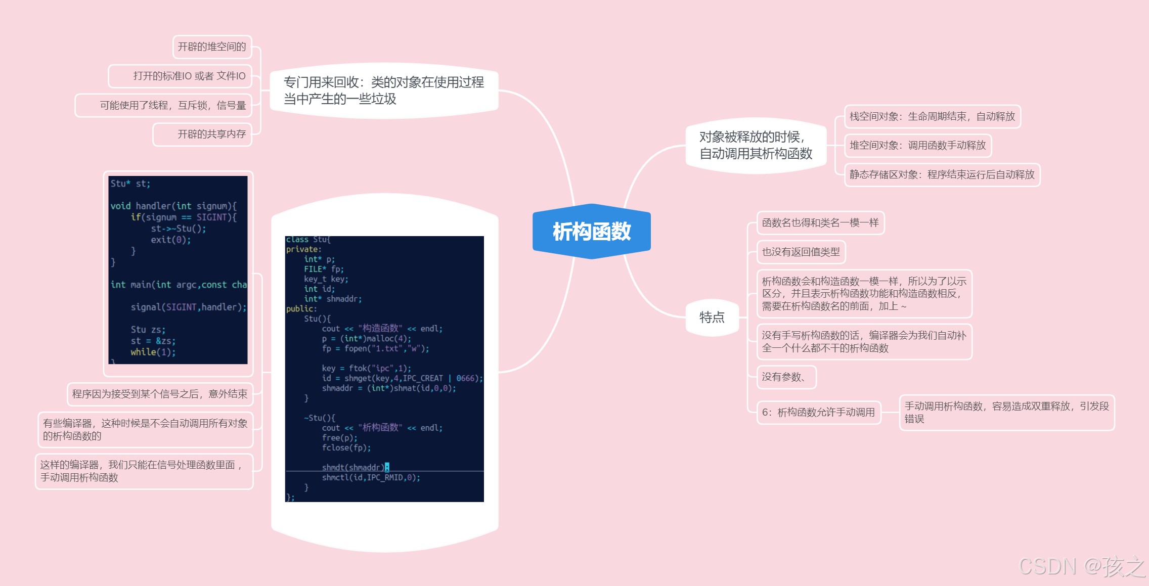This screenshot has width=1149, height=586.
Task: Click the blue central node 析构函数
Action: (x=591, y=232)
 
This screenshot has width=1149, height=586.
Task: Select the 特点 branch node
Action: (x=712, y=318)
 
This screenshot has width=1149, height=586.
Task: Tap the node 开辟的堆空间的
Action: (x=212, y=47)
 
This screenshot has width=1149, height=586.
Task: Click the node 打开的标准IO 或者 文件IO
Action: (x=189, y=76)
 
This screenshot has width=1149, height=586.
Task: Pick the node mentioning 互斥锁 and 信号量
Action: (x=172, y=105)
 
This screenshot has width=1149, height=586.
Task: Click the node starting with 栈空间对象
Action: (x=932, y=117)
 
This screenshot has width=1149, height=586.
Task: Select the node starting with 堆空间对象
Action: (x=917, y=146)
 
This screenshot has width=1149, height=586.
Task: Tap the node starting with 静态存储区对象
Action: (x=942, y=175)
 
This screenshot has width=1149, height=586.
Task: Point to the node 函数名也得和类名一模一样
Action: (x=820, y=223)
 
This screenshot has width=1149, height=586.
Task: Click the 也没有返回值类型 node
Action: (x=801, y=252)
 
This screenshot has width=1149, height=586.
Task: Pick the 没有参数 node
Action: (x=785, y=377)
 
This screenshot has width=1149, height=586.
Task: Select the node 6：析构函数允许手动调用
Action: (x=818, y=413)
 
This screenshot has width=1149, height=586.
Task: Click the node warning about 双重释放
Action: (x=1006, y=413)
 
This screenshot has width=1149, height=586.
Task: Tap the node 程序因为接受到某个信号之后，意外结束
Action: (x=160, y=394)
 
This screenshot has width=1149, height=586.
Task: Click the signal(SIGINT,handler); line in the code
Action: (x=188, y=307)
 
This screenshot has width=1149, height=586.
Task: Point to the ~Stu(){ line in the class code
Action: (x=320, y=418)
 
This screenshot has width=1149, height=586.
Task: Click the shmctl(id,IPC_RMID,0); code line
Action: (x=371, y=478)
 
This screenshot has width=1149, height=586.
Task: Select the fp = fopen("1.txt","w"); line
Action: (x=375, y=349)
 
